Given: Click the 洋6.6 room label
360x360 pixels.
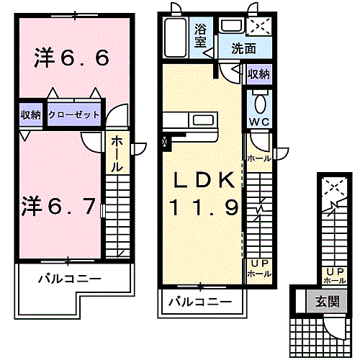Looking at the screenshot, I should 71,58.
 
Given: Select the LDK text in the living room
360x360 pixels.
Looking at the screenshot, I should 201,180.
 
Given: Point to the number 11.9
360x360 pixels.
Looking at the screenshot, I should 203,209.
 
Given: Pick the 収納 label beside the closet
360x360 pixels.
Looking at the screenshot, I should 30,114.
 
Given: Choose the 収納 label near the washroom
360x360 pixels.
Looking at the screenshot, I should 258,73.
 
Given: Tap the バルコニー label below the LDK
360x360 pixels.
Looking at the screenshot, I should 201,302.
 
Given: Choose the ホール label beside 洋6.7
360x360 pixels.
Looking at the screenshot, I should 116,153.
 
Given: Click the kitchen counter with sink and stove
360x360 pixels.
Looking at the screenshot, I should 190,121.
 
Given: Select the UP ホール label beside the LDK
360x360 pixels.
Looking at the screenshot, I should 258,269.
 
